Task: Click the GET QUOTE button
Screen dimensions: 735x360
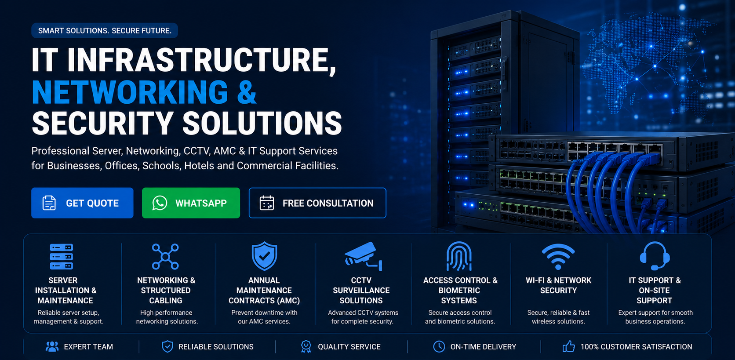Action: (x=82, y=203)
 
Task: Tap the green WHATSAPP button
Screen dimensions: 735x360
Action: (x=191, y=203)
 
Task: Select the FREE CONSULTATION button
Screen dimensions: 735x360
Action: (x=317, y=203)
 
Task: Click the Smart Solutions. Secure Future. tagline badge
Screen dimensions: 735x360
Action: (x=105, y=30)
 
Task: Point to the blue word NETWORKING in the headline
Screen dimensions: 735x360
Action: (x=130, y=92)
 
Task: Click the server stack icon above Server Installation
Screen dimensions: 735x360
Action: (x=62, y=256)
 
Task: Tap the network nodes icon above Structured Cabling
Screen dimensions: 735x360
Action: (x=165, y=257)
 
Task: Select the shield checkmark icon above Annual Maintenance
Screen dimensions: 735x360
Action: (x=265, y=256)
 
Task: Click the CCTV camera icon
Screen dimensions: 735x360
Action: (x=363, y=256)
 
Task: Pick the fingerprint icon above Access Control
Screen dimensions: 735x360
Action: (x=459, y=256)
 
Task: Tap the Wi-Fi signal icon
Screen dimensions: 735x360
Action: (x=558, y=257)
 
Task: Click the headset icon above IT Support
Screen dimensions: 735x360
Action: (x=655, y=256)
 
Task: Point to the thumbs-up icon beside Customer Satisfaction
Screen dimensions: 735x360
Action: (x=569, y=346)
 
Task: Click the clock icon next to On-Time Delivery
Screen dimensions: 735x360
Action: (x=439, y=346)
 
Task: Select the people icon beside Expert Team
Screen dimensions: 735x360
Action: (x=52, y=346)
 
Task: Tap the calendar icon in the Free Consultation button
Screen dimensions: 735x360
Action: (x=267, y=203)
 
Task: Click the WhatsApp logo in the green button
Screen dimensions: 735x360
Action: (x=160, y=203)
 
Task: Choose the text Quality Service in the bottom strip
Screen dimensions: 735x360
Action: (x=349, y=346)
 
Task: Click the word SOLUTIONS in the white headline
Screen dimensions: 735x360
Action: (x=262, y=124)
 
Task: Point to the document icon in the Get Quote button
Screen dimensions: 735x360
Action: (x=49, y=203)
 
